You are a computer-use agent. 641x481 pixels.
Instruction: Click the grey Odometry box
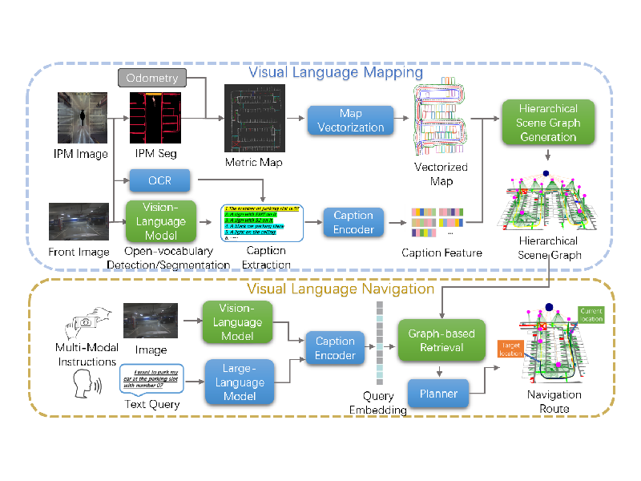(x=152, y=78)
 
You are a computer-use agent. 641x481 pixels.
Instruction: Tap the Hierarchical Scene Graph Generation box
(x=547, y=122)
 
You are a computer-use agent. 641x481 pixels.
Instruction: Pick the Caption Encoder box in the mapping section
(x=353, y=223)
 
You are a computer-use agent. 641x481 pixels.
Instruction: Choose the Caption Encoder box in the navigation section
(x=335, y=349)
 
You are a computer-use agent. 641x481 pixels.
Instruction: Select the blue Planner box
(x=438, y=393)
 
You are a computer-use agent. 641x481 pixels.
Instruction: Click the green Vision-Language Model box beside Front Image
(x=159, y=220)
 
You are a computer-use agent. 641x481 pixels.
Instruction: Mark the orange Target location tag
(x=510, y=349)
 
